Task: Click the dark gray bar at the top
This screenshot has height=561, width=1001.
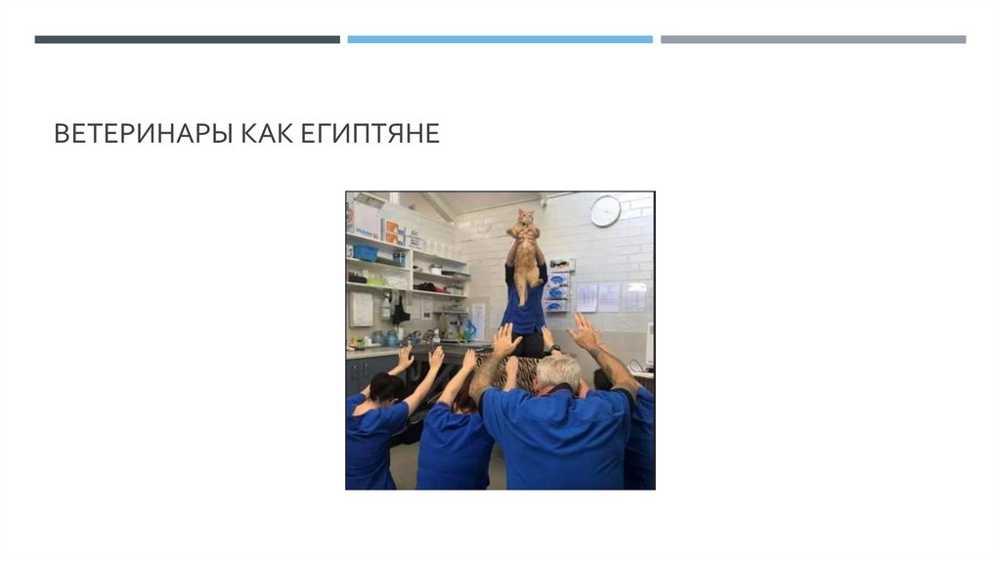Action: coord(187,40)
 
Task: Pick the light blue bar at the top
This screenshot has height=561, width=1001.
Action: coord(500,40)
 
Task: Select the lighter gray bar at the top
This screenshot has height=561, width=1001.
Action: coord(812,40)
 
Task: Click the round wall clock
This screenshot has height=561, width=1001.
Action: coord(605,210)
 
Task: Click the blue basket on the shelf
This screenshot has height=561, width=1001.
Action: coord(367,252)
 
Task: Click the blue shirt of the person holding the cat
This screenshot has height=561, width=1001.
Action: coord(525,311)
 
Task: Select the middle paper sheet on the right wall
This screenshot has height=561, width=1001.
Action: coord(609,297)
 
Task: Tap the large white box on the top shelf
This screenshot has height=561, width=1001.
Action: coord(366,218)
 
